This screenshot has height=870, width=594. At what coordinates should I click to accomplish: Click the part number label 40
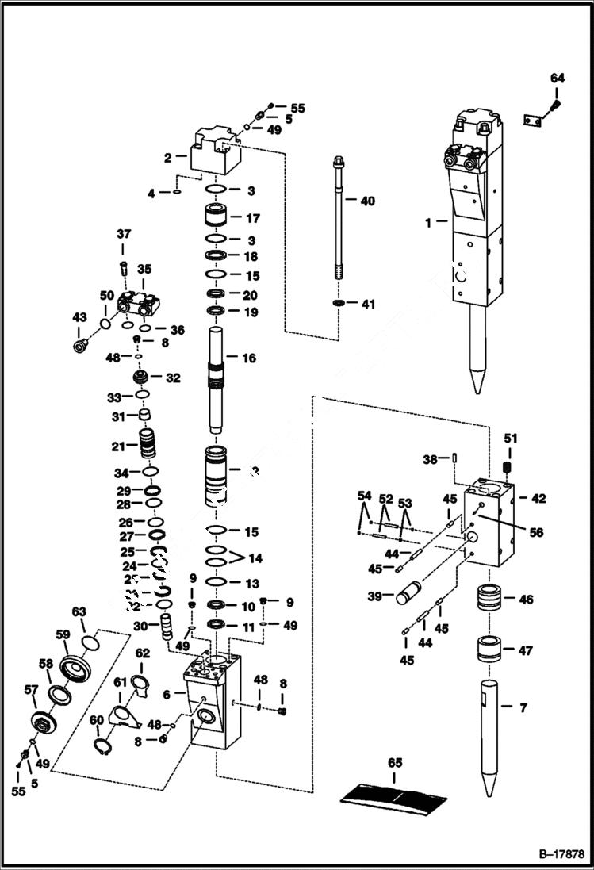coord(367,201)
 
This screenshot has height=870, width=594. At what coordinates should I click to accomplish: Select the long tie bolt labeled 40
coord(338,222)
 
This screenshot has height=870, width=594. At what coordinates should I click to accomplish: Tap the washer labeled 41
coord(339,304)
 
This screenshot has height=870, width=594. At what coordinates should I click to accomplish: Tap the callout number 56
coord(536,533)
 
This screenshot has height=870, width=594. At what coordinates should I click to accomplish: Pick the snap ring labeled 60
coord(102,746)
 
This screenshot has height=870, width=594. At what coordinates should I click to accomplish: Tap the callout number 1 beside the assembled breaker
coord(428,223)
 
